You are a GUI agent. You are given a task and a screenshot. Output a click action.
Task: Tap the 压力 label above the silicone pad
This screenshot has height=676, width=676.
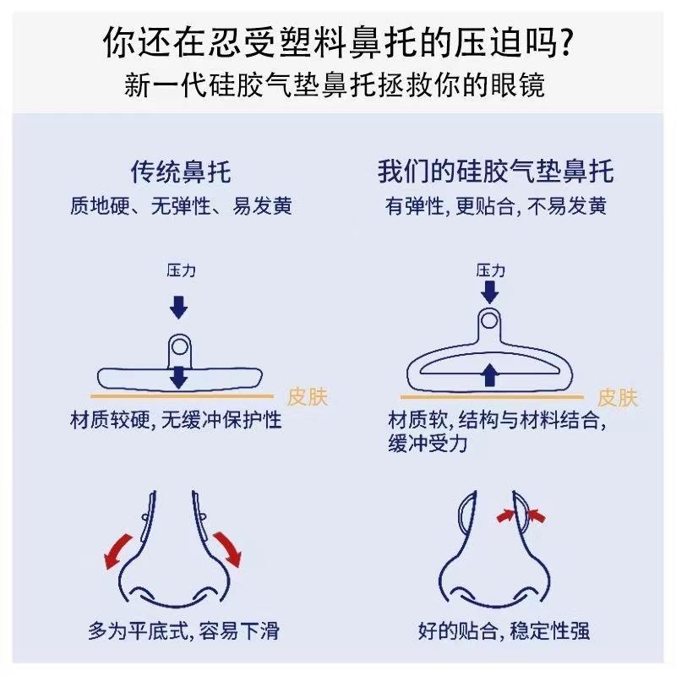pyautogui.click(x=490, y=270)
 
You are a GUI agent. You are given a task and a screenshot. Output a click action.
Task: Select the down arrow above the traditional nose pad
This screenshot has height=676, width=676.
pyautogui.click(x=178, y=307)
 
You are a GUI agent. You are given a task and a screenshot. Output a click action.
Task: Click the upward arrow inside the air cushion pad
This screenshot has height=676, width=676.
pyautogui.click(x=488, y=374)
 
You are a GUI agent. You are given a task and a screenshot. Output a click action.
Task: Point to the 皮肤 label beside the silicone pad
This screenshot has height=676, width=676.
pyautogui.click(x=617, y=396)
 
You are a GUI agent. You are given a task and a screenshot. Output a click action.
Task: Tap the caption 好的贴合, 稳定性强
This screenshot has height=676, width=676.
pyautogui.click(x=504, y=630)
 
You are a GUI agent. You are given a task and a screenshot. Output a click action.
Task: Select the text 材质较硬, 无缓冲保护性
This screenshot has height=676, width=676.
pyautogui.click(x=177, y=421)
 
